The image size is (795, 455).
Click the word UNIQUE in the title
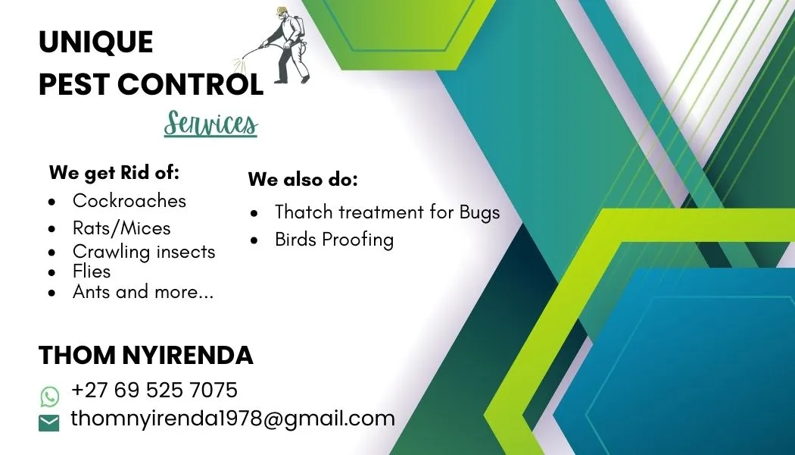pyautogui.click(x=96, y=42)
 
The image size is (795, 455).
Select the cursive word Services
pyautogui.click(x=211, y=124)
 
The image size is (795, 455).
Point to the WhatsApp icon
pyautogui.click(x=50, y=397)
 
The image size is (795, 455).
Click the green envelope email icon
pyautogui.click(x=48, y=423)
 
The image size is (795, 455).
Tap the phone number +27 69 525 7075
pyautogui.click(x=154, y=390)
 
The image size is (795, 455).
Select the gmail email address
pyautogui.click(x=232, y=419)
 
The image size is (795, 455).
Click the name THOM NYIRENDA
pyautogui.click(x=146, y=355)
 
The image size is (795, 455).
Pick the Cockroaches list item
pyautogui.click(x=129, y=201)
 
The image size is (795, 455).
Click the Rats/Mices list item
pyautogui.click(x=122, y=228)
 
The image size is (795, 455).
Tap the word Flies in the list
pyautogui.click(x=92, y=271)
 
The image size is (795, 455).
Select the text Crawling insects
pyautogui.click(x=144, y=251)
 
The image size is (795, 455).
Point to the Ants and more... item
pyautogui.click(x=144, y=291)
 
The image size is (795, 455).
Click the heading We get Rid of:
pyautogui.click(x=114, y=173)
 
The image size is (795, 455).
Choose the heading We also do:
pyautogui.click(x=303, y=179)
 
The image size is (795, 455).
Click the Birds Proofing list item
pyautogui.click(x=334, y=239)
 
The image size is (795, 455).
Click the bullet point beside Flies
pyautogui.click(x=51, y=273)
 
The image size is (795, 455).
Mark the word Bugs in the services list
pyautogui.click(x=479, y=212)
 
